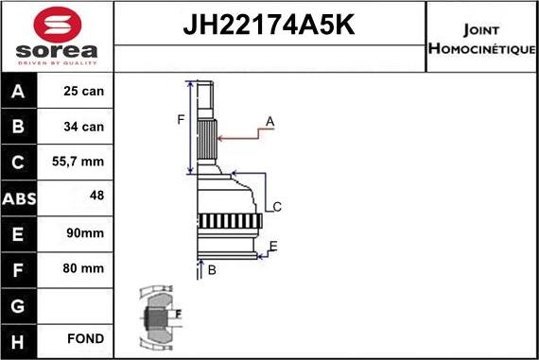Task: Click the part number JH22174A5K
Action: pyautogui.click(x=269, y=25)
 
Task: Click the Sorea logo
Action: pyautogui.click(x=57, y=39)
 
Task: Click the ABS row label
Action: pyautogui.click(x=20, y=197)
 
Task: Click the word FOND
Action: pyautogui.click(x=85, y=338)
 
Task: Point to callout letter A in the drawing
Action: pyautogui.click(x=269, y=121)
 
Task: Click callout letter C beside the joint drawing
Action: pyautogui.click(x=277, y=207)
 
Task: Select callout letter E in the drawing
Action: pyautogui.click(x=273, y=247)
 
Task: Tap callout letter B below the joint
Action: pyautogui.click(x=212, y=270)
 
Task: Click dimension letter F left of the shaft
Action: pyautogui.click(x=181, y=119)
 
